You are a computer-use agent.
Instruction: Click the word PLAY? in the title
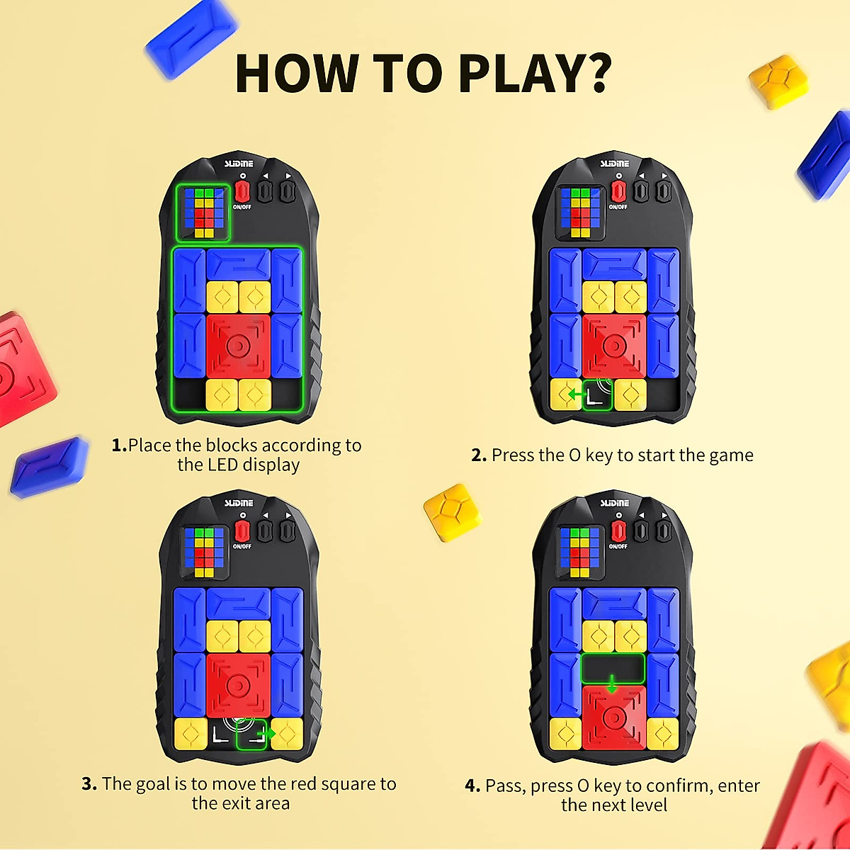535,73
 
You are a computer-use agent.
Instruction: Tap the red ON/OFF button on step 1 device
242,191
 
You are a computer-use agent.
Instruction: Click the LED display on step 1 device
203,212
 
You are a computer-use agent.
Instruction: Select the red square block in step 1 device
238,346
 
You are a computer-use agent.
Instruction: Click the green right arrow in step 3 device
264,733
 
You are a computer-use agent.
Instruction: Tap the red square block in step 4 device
613,718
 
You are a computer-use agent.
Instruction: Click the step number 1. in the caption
119,446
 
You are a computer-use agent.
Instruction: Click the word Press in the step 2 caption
515,455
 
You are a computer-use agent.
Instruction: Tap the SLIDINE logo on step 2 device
615,164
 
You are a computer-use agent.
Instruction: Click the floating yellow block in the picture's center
452,512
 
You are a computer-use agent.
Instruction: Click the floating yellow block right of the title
779,81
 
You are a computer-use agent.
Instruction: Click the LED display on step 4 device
579,552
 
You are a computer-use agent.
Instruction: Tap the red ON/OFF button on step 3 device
242,531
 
